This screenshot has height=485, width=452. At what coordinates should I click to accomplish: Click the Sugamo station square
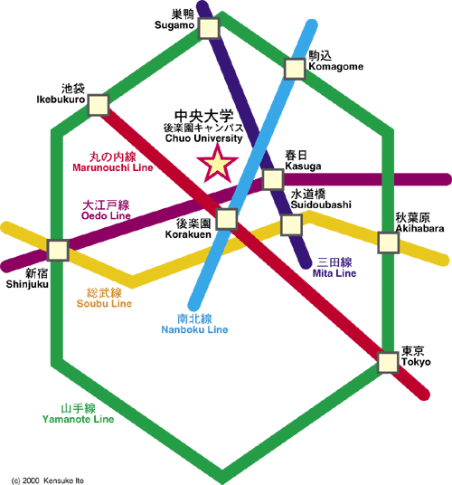[x=209, y=28]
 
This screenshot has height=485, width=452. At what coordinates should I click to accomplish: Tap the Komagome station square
[x=295, y=69]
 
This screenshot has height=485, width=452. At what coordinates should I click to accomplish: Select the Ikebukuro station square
[x=99, y=105]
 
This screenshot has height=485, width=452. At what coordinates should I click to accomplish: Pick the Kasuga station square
[x=272, y=179]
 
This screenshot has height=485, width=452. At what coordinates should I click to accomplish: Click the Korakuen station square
[x=227, y=219]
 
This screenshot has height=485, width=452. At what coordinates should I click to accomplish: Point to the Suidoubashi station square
[x=291, y=225]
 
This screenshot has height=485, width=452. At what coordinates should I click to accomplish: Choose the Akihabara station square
[x=388, y=242]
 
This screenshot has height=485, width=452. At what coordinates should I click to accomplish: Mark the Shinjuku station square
[x=58, y=250]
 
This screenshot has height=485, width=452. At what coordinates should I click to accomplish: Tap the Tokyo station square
[x=388, y=363]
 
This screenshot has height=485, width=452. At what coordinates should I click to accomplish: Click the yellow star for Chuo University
[x=218, y=163]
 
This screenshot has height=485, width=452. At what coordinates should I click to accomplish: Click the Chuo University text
[x=204, y=138]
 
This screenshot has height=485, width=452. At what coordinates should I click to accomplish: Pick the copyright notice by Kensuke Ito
[x=48, y=480]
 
